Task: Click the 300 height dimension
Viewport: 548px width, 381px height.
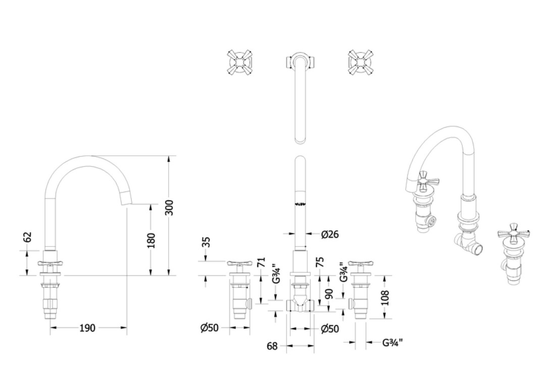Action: click(x=169, y=208)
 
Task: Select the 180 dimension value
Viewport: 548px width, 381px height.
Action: click(x=151, y=241)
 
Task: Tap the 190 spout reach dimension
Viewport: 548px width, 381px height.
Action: click(x=87, y=328)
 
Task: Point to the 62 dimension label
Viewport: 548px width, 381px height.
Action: click(x=28, y=237)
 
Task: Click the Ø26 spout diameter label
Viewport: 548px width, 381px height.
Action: click(x=330, y=234)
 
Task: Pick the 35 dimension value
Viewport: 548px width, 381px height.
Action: click(x=206, y=242)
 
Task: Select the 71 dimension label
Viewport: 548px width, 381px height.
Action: click(x=261, y=263)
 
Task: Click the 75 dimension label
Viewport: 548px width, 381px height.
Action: click(x=320, y=262)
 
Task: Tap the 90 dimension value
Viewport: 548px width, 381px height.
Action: click(x=329, y=294)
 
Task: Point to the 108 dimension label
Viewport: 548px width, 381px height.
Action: click(x=385, y=298)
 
